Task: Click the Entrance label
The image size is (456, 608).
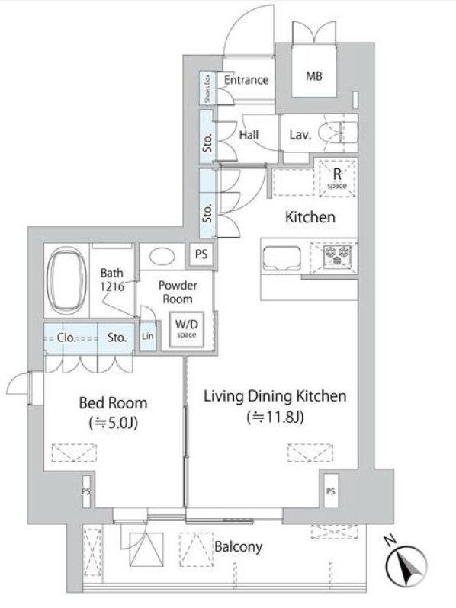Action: (246, 79)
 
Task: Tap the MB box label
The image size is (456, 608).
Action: (314, 76)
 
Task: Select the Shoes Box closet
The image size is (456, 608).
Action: (207, 88)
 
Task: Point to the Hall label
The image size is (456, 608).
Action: (249, 135)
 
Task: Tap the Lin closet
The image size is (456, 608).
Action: (147, 336)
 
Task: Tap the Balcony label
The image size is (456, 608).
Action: (238, 546)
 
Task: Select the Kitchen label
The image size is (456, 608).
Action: (310, 217)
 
